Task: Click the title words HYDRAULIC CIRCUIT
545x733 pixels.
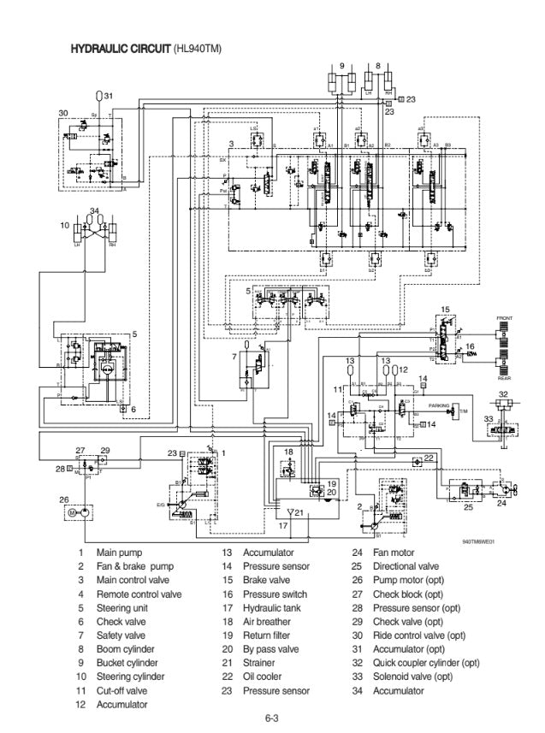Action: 120,49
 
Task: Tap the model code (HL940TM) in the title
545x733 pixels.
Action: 197,49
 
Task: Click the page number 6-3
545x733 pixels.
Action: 272,718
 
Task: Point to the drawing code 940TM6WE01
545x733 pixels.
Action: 479,541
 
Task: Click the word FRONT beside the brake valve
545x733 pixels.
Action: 505,318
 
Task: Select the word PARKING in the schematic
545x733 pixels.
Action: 440,405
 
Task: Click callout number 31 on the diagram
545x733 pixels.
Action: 109,95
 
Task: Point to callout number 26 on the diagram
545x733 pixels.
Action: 63,500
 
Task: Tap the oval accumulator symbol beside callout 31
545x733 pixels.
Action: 98,95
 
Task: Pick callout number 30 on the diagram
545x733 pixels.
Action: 62,113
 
